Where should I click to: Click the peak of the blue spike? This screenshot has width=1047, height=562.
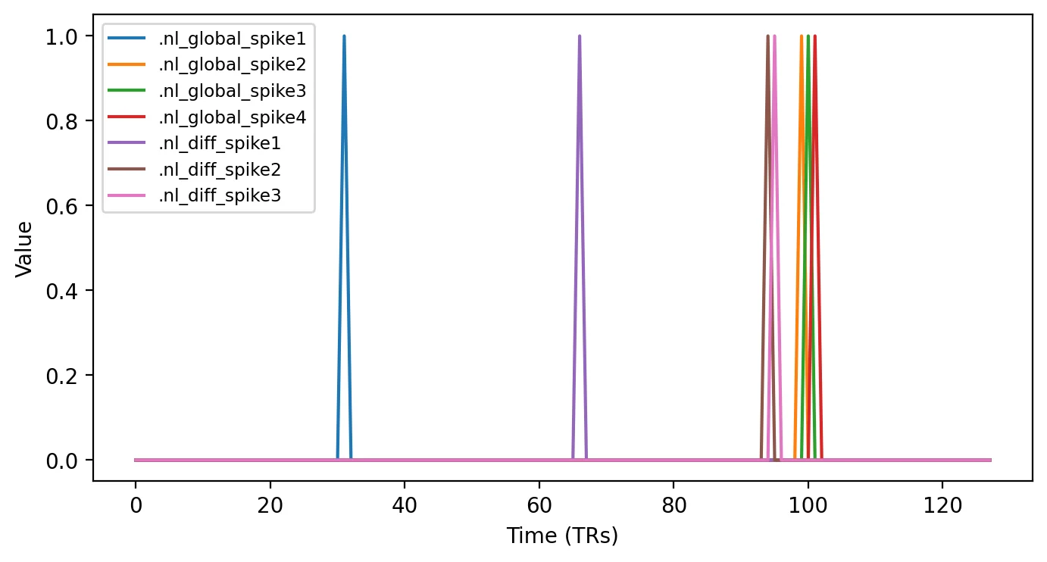click(x=344, y=36)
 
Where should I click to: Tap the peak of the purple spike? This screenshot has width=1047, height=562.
click(x=580, y=36)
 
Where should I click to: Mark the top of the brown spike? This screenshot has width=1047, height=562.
click(x=767, y=36)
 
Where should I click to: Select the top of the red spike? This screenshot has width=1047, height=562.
click(x=814, y=36)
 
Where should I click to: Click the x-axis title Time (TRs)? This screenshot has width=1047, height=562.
click(x=562, y=535)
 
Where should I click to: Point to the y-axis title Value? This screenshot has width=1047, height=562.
click(x=23, y=249)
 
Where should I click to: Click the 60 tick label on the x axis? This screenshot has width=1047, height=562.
click(x=539, y=505)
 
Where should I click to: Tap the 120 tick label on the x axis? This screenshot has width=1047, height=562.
click(x=942, y=505)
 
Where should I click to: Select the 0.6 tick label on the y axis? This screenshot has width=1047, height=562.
click(x=61, y=206)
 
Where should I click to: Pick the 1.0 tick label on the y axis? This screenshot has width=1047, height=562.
click(x=61, y=36)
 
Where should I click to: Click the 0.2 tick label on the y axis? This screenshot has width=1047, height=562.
click(x=61, y=376)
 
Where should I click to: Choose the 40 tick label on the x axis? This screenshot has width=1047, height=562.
click(x=405, y=505)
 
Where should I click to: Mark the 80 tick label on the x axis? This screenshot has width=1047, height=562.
click(x=674, y=505)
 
